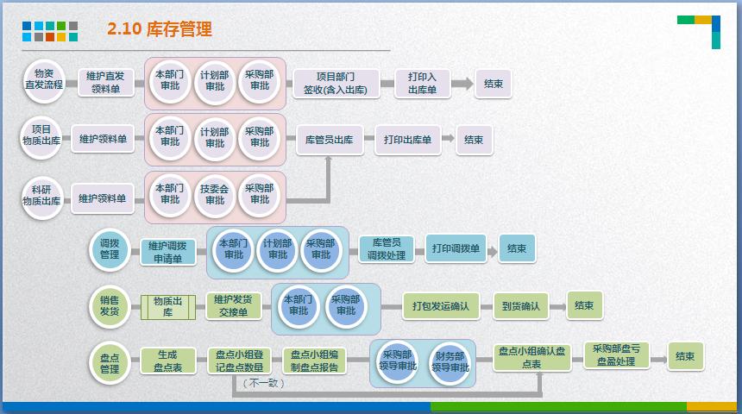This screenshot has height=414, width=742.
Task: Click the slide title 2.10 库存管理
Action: coord(160,29)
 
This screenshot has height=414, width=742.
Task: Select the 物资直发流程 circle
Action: coord(43,78)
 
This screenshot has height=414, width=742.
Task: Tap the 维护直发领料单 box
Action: coord(106,83)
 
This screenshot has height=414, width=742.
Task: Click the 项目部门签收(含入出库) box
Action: coord(336,83)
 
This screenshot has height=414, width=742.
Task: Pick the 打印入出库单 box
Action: coord(423,83)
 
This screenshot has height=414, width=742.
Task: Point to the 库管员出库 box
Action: coord(330,139)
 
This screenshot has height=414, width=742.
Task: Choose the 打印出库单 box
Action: coord(407,139)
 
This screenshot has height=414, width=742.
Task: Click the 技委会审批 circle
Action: coord(214,194)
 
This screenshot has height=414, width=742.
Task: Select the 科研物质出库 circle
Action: coord(41,194)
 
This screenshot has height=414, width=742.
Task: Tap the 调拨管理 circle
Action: coord(110,249)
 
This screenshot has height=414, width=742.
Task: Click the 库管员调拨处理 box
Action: coord(385,249)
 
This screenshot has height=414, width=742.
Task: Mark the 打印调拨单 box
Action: coord(457,249)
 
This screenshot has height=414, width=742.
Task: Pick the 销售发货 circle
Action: coord(110,306)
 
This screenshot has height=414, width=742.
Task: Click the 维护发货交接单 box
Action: coord(233,306)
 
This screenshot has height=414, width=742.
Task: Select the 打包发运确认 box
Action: coord(440,306)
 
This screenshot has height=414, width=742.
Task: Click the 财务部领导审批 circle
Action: coord(450,361)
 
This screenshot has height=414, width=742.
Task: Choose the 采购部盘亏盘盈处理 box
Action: coord(615,355)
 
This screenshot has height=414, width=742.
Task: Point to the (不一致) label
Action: coord(263,383)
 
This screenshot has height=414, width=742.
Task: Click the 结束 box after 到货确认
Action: coord(584,305)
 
